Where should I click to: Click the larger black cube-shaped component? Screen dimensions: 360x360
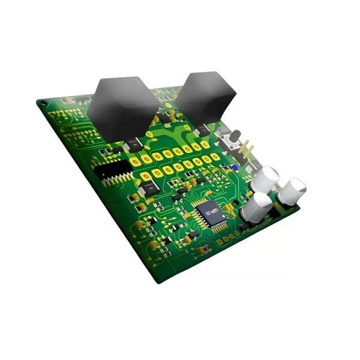123,108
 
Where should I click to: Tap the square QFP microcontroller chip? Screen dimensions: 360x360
210,213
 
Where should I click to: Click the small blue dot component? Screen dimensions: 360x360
236,168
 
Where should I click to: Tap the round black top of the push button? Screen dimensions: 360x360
236,134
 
